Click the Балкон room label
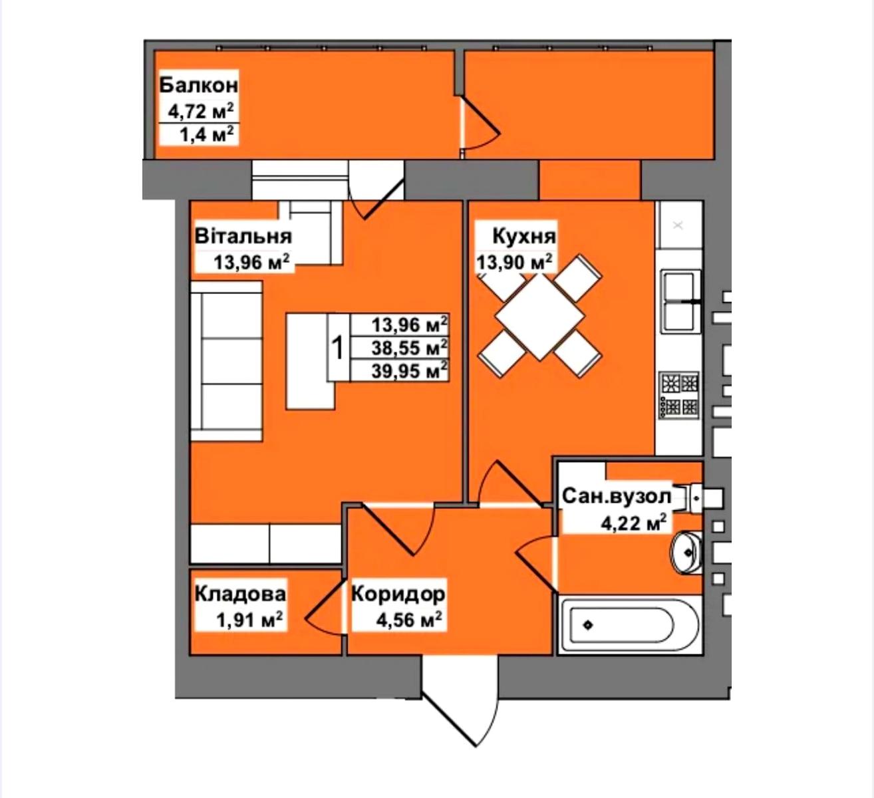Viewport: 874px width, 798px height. point(199,85)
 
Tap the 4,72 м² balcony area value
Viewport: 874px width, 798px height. point(201,112)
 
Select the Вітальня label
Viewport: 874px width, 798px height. point(243,237)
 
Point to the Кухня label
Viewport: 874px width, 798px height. point(524,237)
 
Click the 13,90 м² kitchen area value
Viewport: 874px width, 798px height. point(515,263)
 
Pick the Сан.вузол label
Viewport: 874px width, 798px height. point(617,496)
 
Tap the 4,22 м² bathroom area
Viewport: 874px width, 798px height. point(634,523)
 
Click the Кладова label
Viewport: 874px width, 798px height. point(241,594)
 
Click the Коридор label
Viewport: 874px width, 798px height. point(398,594)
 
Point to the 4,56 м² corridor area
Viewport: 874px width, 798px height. point(410,620)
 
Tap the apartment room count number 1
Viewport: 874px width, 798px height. point(339,347)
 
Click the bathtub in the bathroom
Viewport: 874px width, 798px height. point(629,625)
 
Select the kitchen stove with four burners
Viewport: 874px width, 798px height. point(680,395)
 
